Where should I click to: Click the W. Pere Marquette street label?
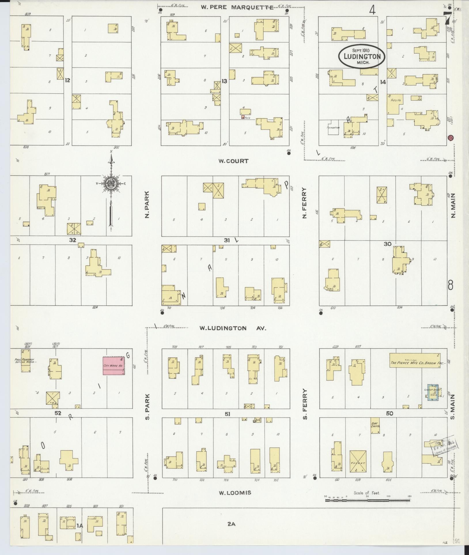click(237, 7)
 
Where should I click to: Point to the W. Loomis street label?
click(235, 493)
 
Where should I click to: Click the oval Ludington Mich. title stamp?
click(362, 56)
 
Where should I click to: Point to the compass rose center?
click(111, 183)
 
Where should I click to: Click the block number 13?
click(224, 82)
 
